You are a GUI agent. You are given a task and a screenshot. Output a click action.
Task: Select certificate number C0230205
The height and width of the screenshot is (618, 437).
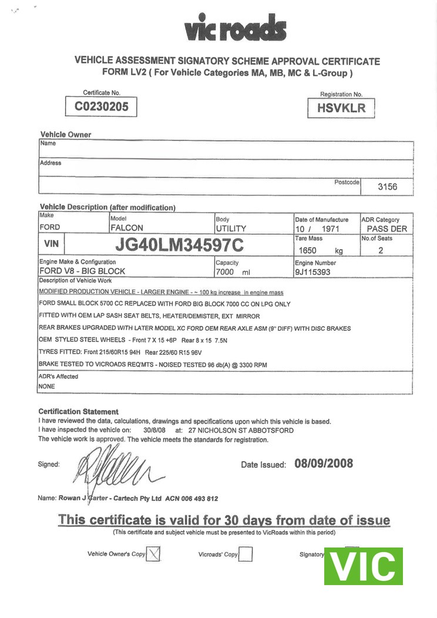[x=102, y=107]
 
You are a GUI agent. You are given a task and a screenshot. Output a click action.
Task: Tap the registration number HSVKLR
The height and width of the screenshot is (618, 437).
[x=341, y=108]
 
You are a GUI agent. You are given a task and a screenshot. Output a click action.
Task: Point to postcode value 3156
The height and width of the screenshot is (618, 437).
[x=387, y=187]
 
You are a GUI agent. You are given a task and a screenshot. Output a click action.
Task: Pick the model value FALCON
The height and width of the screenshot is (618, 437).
[x=127, y=228]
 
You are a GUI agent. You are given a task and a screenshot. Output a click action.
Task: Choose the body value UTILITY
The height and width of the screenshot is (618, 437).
[x=231, y=228]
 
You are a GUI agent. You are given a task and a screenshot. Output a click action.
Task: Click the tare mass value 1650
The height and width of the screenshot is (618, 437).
[x=308, y=250]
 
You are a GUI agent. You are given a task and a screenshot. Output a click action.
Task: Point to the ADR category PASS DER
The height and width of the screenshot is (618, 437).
[x=386, y=229]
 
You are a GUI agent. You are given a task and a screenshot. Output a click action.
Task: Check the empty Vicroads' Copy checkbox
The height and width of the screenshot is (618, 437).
[x=246, y=554]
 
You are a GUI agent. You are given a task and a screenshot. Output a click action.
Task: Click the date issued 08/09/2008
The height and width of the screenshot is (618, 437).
[x=324, y=463]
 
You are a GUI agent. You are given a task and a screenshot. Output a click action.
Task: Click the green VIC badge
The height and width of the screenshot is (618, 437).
[x=363, y=566]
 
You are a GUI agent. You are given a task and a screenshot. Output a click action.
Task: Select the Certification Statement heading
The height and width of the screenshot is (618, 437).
[x=78, y=412]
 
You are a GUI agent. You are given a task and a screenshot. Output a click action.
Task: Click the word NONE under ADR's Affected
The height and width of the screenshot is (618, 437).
[x=48, y=387]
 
